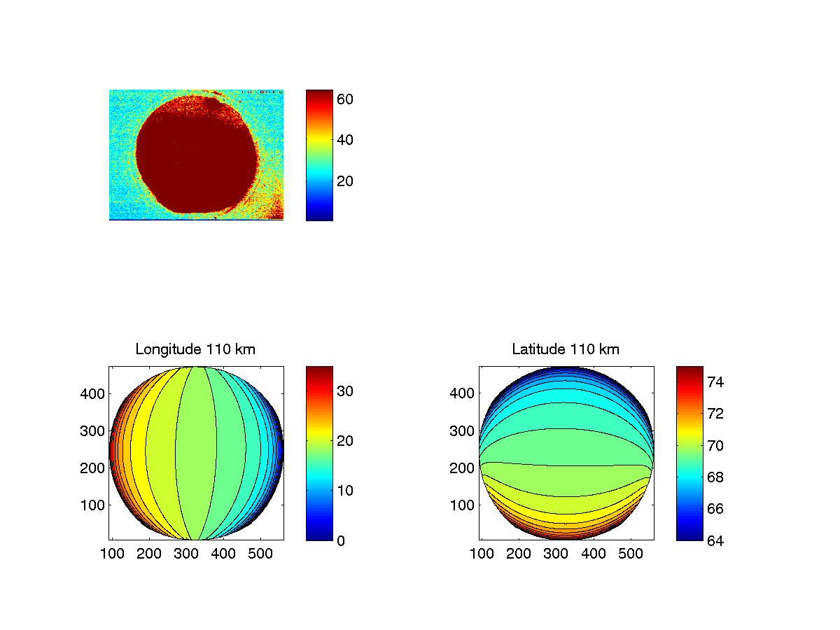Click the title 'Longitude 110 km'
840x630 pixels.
coord(195,349)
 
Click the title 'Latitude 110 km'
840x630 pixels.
coord(566,349)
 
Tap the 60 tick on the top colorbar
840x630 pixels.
coord(345,99)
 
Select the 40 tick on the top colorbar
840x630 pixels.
coord(345,140)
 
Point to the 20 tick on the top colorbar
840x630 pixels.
coord(345,181)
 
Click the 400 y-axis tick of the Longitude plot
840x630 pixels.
coord(92,393)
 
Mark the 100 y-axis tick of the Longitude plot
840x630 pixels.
coord(92,505)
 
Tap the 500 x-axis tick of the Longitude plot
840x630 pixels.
coord(261,554)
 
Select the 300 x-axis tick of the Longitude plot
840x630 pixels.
coord(186,554)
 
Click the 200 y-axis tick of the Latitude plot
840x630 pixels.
coord(463,468)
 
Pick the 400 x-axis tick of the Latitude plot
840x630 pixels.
coord(594,554)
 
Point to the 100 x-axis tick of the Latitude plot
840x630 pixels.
coord(482,554)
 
